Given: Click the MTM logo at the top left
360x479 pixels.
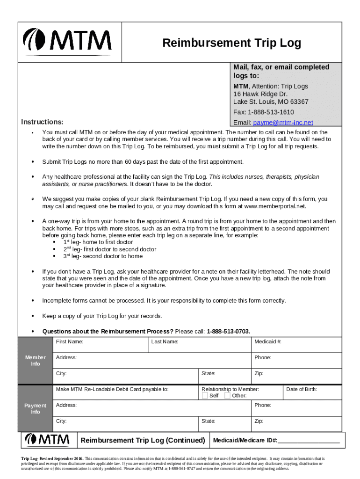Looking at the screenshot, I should (67, 42).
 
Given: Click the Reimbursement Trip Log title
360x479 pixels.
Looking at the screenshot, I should (231, 44).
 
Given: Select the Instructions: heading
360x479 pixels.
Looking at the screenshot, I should (43, 122).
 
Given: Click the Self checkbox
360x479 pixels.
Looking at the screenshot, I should (205, 396).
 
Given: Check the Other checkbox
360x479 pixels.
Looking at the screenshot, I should (227, 396).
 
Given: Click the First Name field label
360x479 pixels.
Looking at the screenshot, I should (70, 342).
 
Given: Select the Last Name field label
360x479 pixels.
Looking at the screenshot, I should (165, 342).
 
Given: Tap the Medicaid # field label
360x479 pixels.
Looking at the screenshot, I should (268, 342).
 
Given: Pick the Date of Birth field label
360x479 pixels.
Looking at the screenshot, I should (302, 389).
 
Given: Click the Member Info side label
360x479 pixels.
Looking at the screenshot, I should (36, 361).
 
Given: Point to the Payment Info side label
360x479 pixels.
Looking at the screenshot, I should (36, 408).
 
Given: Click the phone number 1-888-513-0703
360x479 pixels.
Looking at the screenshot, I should (228, 332).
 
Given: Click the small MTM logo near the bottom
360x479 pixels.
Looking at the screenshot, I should (48, 440).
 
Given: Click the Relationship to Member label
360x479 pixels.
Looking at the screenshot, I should (230, 389).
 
